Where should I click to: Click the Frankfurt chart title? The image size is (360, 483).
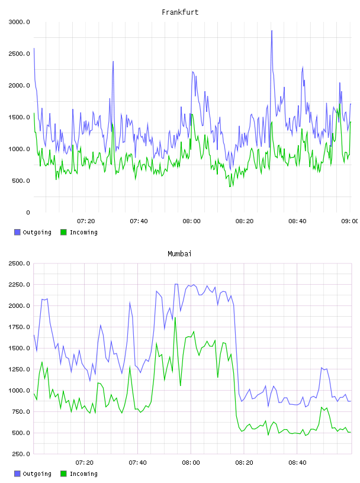click(180, 12)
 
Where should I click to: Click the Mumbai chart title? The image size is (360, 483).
click(179, 253)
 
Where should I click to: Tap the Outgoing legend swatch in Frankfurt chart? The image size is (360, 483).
click(17, 232)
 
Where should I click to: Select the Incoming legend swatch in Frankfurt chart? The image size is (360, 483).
click(63, 232)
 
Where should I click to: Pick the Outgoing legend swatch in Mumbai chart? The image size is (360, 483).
click(17, 474)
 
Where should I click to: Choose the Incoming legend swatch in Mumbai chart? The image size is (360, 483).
click(63, 474)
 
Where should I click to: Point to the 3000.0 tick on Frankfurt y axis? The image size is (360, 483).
click(19, 22)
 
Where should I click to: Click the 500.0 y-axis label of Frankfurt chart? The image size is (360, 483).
click(21, 181)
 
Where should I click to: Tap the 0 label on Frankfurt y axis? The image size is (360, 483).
click(28, 212)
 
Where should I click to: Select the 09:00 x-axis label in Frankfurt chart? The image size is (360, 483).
click(350, 221)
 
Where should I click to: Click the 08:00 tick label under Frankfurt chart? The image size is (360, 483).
click(191, 221)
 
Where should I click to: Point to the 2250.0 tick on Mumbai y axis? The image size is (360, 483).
click(19, 285)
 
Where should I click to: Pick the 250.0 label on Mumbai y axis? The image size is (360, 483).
click(21, 454)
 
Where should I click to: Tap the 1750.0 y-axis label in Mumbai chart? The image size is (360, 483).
click(19, 327)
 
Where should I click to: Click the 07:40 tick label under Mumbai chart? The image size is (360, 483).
click(137, 463)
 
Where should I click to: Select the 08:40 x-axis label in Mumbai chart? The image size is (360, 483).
click(297, 463)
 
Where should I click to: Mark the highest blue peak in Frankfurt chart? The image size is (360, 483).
click(272, 31)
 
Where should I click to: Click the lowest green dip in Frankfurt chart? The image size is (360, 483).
click(230, 186)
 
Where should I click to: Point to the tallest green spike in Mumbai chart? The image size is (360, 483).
click(175, 318)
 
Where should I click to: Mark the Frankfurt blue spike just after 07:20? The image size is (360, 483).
click(113, 62)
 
